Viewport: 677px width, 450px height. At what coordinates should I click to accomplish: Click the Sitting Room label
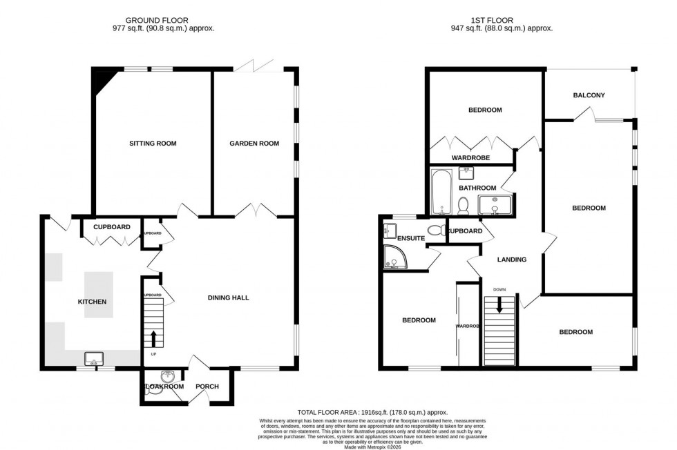point(153,144)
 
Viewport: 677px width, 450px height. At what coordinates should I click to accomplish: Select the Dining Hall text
point(228,298)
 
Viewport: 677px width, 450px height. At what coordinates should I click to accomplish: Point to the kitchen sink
point(93,358)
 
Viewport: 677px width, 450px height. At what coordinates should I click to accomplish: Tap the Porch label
point(207,387)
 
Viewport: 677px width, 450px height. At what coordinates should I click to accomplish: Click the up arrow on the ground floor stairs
point(153,338)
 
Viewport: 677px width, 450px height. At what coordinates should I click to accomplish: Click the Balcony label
point(589,95)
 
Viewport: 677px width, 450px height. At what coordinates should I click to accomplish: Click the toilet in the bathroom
point(464,204)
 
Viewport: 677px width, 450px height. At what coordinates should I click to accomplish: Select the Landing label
point(512,260)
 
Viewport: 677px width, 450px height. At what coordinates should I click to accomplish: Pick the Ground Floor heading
point(158,20)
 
